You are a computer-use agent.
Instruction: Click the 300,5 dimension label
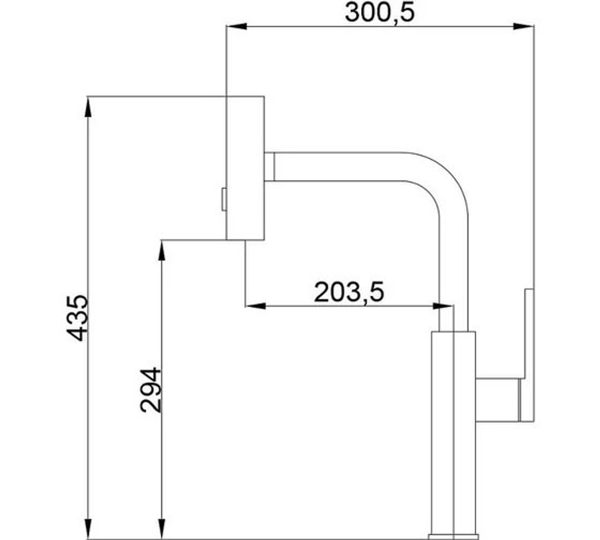(x=379, y=13)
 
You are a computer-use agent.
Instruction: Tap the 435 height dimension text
(x=78, y=317)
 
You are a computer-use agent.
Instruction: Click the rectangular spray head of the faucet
(x=245, y=168)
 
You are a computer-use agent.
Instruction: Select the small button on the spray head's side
(x=223, y=199)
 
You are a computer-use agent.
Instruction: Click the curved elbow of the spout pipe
(x=444, y=180)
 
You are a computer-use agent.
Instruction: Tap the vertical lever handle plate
(x=528, y=354)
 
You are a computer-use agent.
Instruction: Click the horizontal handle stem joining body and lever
(x=498, y=400)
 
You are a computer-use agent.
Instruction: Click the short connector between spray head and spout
(x=269, y=166)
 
